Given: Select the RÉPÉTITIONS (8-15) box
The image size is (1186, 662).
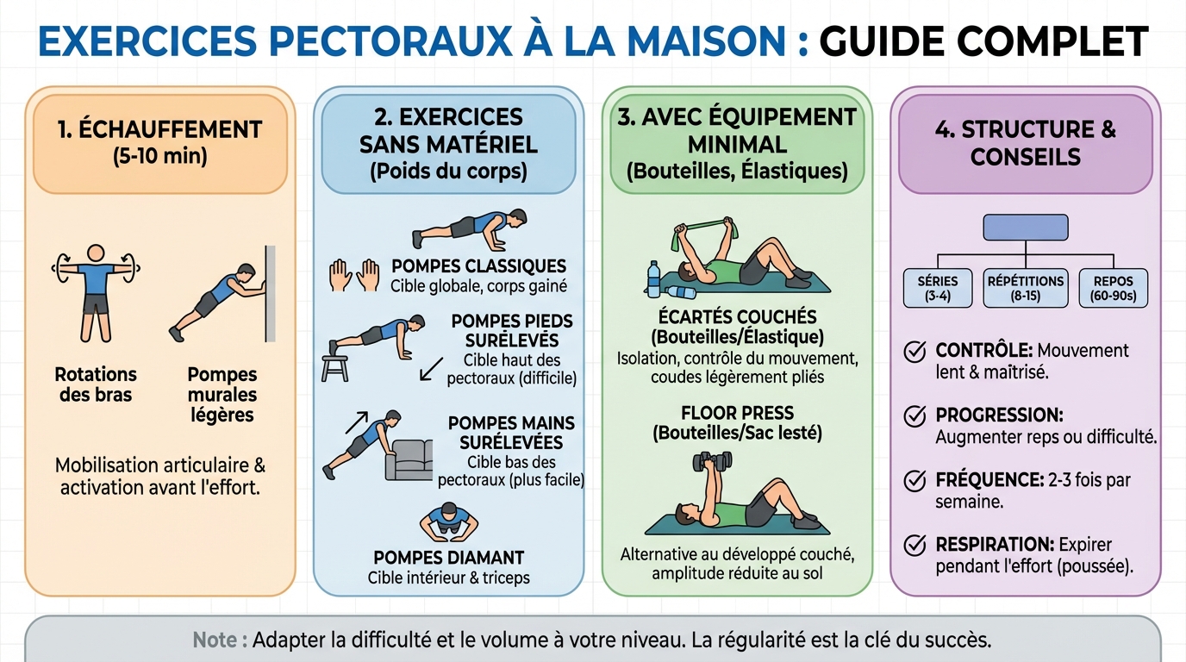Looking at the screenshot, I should pos(1025,288).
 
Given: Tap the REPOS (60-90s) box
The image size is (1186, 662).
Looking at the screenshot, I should pos(1114,288).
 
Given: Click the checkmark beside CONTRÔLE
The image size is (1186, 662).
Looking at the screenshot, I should pos(914,353).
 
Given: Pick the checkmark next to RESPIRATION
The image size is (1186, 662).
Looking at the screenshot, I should pos(914,546).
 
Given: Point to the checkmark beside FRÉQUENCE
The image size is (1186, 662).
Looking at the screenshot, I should pos(914,481).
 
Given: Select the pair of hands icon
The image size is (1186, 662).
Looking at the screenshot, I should pos(355,276).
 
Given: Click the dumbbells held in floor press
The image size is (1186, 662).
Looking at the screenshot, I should pos(712,461).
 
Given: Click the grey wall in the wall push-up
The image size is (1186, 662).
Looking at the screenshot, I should pos(271,293).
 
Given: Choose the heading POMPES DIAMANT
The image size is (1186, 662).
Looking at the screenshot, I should pos(448,558).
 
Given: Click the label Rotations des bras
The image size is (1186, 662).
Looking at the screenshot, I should pos(96,384).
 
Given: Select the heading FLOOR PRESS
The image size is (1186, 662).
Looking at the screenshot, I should pos(737,413).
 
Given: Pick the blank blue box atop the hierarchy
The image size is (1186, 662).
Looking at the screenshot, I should pos(1025,228).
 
